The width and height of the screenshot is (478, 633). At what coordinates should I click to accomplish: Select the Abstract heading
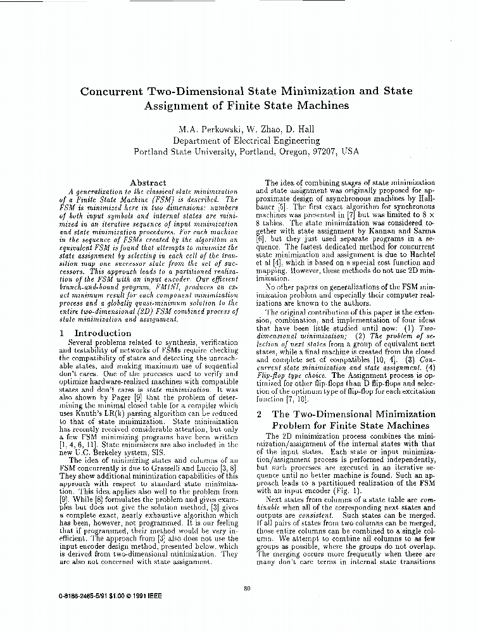(148, 182)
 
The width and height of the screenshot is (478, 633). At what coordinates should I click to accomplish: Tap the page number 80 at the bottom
(247, 589)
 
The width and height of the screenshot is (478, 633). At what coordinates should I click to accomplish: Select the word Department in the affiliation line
(198, 141)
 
